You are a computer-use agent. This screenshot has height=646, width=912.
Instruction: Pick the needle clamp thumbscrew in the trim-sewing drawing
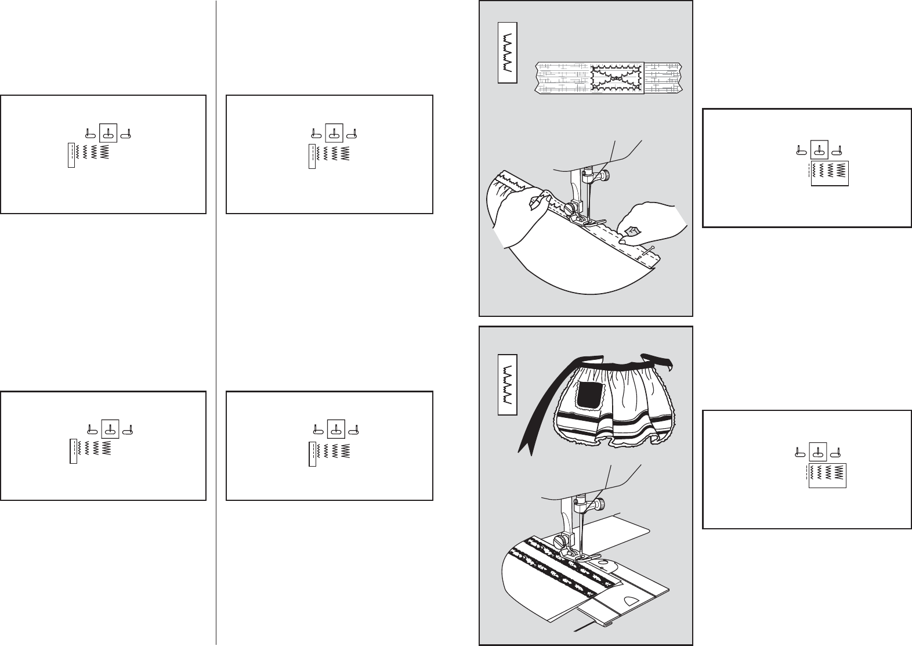[598, 504]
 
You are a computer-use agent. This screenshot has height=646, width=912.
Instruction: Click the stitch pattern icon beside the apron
[507, 382]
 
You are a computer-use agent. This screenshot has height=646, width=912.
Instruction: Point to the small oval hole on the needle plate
[604, 562]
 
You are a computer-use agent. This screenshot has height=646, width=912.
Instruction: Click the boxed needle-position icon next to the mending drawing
[819, 150]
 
